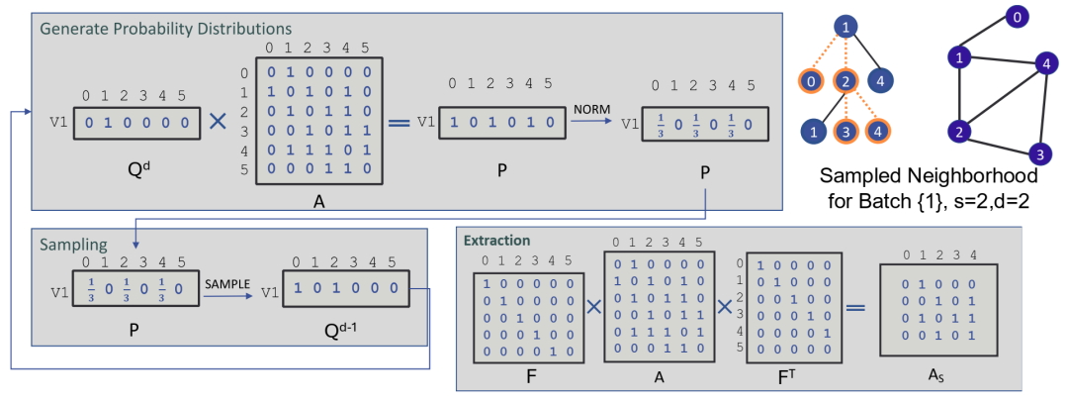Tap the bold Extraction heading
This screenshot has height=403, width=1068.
(500, 241)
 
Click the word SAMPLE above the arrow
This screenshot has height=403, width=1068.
(229, 283)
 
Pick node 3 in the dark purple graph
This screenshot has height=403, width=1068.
(1036, 153)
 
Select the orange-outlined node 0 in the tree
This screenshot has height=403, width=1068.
(811, 80)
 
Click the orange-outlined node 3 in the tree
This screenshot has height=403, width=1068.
(844, 131)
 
